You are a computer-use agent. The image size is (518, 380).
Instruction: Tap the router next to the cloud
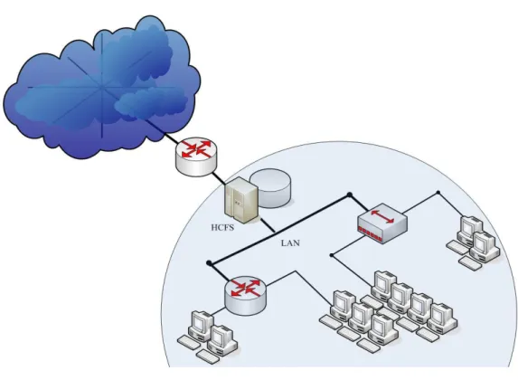[x=196, y=157]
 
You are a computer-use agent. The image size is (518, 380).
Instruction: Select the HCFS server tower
[x=241, y=201]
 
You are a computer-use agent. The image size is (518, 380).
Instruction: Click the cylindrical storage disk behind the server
[x=270, y=188]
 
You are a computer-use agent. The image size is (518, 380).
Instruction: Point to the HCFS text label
[x=222, y=227]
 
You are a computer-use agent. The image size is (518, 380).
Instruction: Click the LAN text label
[x=290, y=243]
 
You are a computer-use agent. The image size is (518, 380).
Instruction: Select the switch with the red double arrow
[x=382, y=223]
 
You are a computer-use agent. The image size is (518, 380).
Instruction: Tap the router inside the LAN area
[x=246, y=295]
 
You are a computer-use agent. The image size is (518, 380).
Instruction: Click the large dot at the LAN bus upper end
[x=350, y=195]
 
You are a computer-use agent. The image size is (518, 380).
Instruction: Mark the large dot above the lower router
[x=209, y=263]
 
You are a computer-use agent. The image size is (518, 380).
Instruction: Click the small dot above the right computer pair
[x=438, y=193]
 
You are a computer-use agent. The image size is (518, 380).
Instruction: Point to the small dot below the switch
[x=332, y=255]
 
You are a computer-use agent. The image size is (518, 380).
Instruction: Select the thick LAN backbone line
[x=279, y=229]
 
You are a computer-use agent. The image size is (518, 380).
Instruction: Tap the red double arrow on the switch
[x=382, y=216]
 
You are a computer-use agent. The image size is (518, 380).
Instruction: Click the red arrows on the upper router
[x=196, y=149]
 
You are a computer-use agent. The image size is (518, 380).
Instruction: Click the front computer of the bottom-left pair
[x=222, y=340]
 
